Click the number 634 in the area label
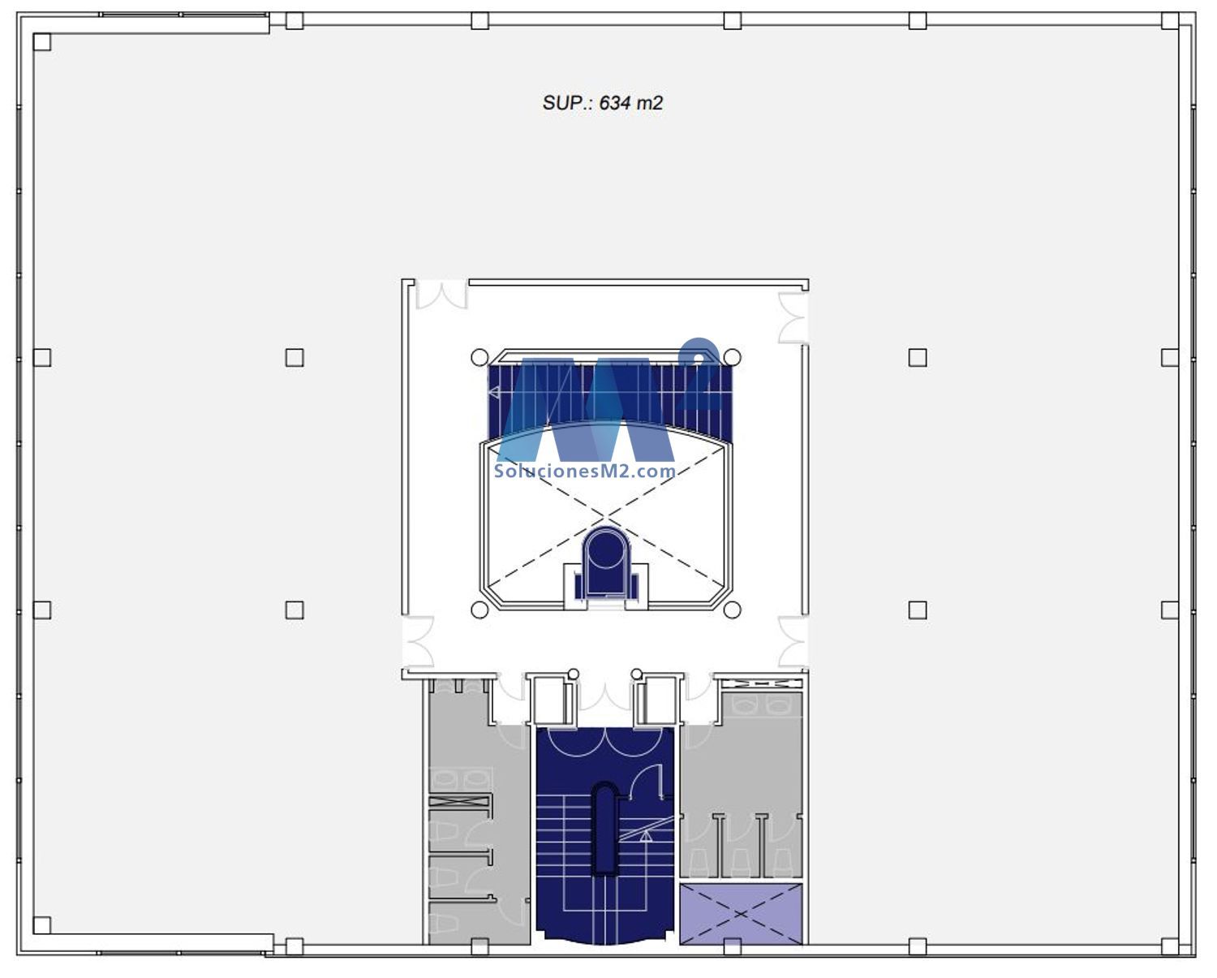tap(615, 103)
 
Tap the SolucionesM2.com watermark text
tap(585, 472)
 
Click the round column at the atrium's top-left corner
tap(479, 357)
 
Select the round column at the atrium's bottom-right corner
tap(733, 610)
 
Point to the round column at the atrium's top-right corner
tap(733, 357)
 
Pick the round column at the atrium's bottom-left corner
tap(479, 610)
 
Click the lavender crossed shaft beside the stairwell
tap(741, 915)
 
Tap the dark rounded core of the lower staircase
tap(605, 830)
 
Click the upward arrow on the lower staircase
tap(646, 835)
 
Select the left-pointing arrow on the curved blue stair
tap(494, 392)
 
